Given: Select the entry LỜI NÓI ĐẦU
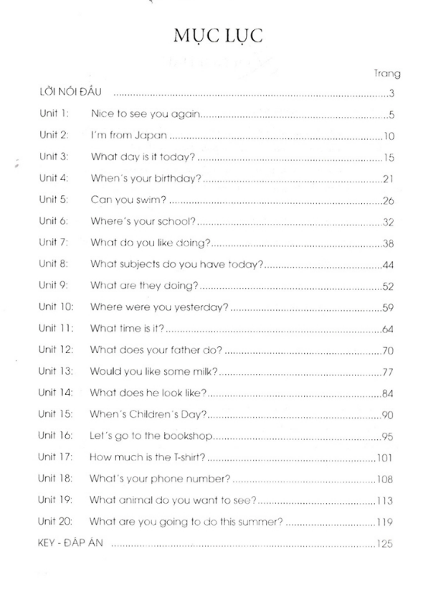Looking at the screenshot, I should pos(72,93).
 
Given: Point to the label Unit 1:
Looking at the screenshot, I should pos(53,113).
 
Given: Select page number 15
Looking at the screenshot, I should pos(389,157).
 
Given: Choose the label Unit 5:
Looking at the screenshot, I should pos(53,200).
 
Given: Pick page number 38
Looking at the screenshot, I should pos(389,243).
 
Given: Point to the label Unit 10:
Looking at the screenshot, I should pos(56,307).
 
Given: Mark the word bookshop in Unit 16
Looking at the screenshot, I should pos(189,436).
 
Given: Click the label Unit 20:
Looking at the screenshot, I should pos(56,522).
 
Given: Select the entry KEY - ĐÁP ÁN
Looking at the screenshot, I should pos(70,543).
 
